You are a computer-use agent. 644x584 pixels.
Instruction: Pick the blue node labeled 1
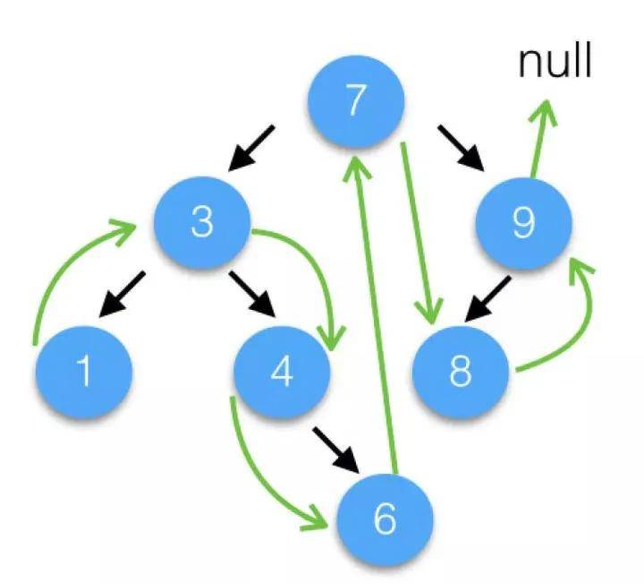point(85,370)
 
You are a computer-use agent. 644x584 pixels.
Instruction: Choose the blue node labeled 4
point(281,373)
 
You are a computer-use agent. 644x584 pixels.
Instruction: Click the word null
point(555,64)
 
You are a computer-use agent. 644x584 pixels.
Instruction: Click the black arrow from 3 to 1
point(121,294)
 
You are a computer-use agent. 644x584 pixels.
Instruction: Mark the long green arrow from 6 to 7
point(374,313)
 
